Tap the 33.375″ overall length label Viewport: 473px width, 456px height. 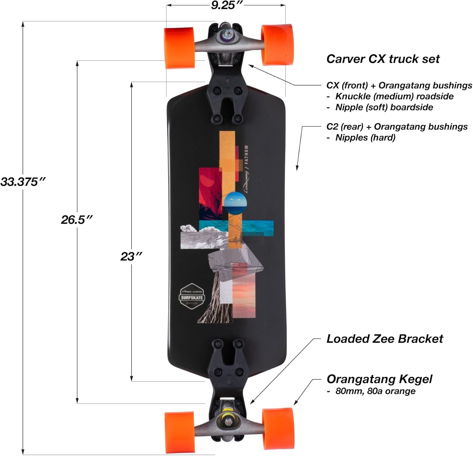pos(23,182)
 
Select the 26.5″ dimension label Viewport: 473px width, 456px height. pos(77,219)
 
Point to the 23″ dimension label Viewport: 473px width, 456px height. pos(131,256)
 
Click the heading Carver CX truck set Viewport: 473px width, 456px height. pos(383,59)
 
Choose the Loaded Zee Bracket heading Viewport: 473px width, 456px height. pos(385,339)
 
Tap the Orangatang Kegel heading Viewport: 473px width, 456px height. pos(379,379)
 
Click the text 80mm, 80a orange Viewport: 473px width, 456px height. pos(375,391)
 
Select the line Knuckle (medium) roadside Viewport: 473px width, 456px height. pos(394,96)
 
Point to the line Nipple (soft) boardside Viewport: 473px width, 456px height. pos(384,107)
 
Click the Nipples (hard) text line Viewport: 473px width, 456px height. pos(365,137)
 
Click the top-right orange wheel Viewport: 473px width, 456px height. pos(277,44)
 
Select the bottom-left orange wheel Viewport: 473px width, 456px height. pos(180,431)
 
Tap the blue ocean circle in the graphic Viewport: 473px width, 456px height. pos(235,203)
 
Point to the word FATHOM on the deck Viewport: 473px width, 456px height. pos(246,155)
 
